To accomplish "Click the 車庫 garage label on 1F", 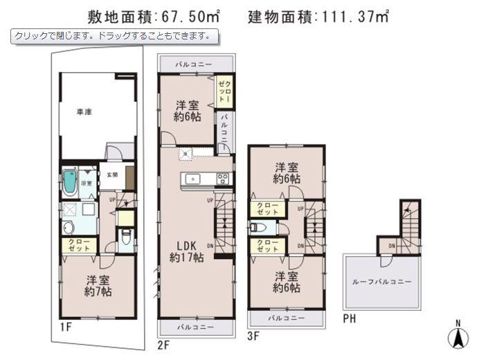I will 84,111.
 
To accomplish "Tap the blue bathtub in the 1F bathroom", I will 69,181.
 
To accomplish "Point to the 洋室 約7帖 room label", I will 99,285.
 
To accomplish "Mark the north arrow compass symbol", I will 458,336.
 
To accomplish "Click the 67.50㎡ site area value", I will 188,15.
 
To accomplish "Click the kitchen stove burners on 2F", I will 224,179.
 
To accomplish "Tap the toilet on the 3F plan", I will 255,227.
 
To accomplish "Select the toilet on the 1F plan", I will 125,238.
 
